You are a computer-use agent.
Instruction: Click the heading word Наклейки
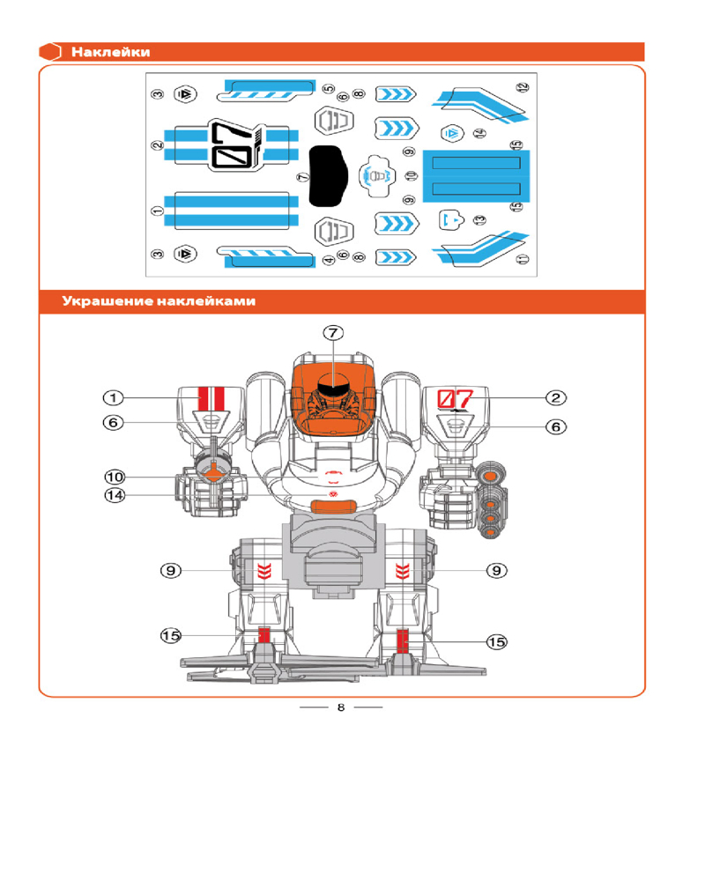click(110, 52)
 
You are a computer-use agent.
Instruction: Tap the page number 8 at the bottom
click(340, 707)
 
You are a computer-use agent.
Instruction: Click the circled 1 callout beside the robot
click(115, 398)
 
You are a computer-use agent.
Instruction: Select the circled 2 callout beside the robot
click(556, 398)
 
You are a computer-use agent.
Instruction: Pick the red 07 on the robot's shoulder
click(456, 397)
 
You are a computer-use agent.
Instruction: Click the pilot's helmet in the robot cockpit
click(331, 384)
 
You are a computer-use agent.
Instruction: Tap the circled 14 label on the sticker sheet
click(479, 133)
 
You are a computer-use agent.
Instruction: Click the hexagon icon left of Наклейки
click(51, 52)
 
